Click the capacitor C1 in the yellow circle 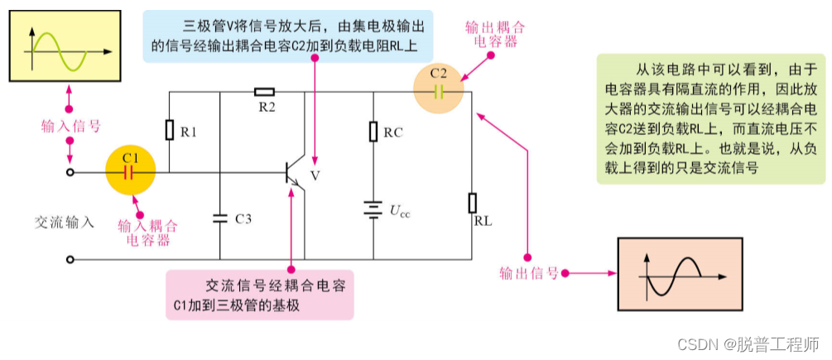(128, 172)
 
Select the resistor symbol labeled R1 (170, 130)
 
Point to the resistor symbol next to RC (373, 131)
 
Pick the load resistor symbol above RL (472, 203)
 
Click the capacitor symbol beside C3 (220, 218)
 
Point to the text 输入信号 (70, 126)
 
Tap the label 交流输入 (65, 222)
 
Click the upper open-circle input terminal (70, 172)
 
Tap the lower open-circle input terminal (70, 259)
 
